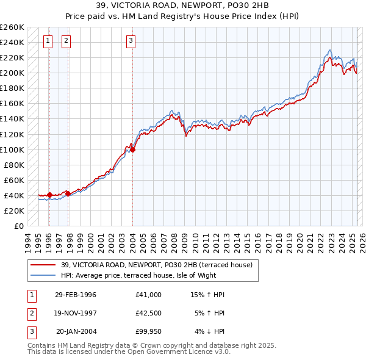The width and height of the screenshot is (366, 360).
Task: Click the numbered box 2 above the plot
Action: [x=66, y=41]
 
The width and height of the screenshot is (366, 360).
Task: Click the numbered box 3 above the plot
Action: [x=131, y=41]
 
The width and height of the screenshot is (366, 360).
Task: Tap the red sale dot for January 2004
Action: [x=132, y=149]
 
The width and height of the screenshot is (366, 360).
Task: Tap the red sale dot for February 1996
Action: [x=49, y=195]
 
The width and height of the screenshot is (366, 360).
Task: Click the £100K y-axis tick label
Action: [x=12, y=149]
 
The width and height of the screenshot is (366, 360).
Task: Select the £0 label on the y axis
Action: [x=19, y=226]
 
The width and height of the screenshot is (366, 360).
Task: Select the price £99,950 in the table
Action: [x=149, y=331]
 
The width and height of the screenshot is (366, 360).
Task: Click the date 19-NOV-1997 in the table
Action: [x=76, y=313]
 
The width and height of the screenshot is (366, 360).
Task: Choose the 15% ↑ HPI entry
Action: [x=208, y=295]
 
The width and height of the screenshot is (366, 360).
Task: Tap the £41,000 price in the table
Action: [x=149, y=295]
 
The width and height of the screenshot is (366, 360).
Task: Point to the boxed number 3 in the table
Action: [x=31, y=331]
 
